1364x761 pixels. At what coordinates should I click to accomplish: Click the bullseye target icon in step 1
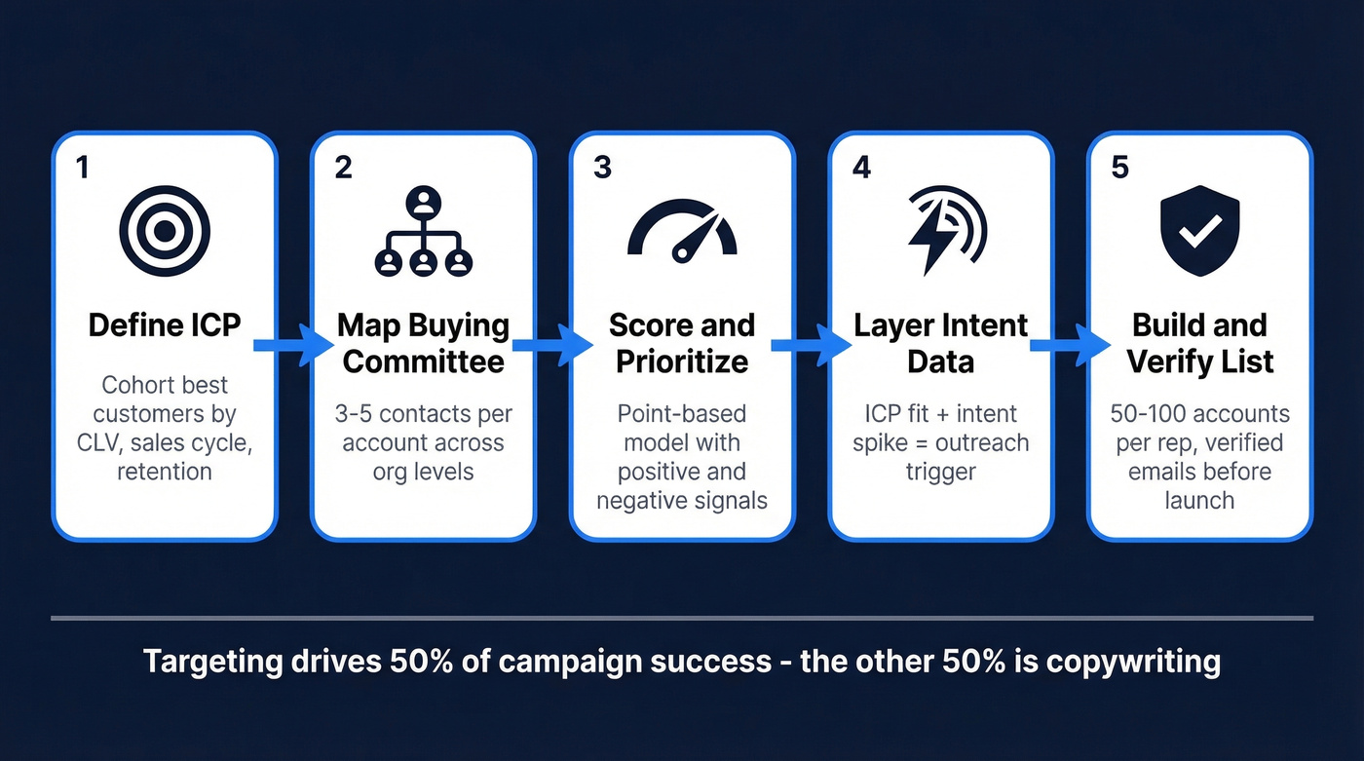[x=165, y=231]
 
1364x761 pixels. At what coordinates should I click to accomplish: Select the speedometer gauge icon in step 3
[x=682, y=234]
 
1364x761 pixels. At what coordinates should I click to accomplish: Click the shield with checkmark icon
[x=1199, y=232]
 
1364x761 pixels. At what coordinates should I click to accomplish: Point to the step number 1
[x=82, y=168]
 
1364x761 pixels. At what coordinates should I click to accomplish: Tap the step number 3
[x=602, y=168]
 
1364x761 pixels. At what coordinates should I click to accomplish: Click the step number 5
[x=1119, y=168]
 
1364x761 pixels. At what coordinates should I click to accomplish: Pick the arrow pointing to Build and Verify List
[x=1070, y=344]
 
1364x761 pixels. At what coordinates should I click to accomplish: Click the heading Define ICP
[x=165, y=325]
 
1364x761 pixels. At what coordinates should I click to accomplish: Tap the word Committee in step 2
[x=424, y=362]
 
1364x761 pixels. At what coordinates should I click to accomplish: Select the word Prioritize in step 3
[x=682, y=362]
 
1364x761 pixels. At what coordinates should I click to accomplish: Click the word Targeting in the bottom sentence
[x=211, y=662]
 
